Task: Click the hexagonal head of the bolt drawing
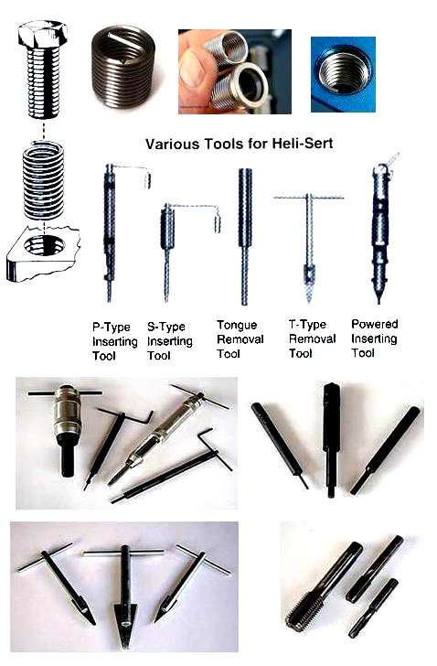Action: tap(42, 34)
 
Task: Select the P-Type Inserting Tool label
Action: tap(115, 341)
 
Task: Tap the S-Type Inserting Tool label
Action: tap(170, 341)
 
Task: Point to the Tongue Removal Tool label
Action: tap(240, 339)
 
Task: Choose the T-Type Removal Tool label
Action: tap(313, 338)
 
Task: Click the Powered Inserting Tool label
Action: tap(375, 338)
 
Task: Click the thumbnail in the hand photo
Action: tap(192, 68)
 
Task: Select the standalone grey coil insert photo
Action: tap(123, 67)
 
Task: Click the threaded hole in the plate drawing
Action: tap(44, 245)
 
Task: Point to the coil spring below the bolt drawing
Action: tap(43, 180)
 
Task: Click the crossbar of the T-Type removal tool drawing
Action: tap(308, 198)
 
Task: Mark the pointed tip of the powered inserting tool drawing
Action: tap(378, 303)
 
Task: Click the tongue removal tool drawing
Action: tap(244, 237)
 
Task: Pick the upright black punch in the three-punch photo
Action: tap(331, 440)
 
